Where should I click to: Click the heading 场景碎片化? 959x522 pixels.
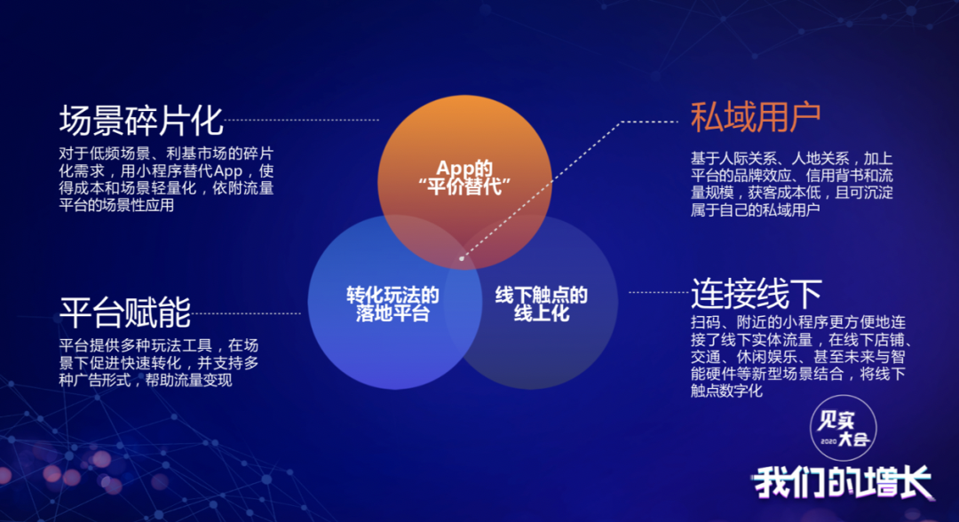(x=140, y=121)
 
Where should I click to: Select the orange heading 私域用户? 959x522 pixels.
(x=756, y=117)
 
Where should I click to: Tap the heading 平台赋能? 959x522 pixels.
(x=125, y=312)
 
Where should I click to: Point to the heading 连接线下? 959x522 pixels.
(x=757, y=293)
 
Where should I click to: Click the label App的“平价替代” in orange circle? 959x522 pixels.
(x=464, y=178)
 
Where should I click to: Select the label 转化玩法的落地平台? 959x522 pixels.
(x=392, y=304)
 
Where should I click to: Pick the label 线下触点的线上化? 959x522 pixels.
(x=542, y=304)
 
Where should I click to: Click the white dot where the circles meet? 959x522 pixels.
(x=462, y=258)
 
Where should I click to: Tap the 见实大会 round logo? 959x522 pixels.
(x=844, y=428)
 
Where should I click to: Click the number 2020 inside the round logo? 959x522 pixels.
(x=828, y=441)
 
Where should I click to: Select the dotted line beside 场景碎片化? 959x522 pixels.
(x=302, y=121)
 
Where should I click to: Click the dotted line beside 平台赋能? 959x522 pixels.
(x=246, y=313)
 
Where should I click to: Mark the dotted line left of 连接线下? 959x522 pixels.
(x=659, y=292)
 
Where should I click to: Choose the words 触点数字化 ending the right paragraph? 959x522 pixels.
(x=726, y=391)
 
